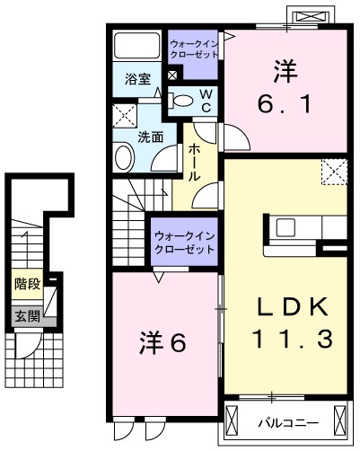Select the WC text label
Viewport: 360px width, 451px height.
(206, 100)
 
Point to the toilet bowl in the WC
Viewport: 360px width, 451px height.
(183, 100)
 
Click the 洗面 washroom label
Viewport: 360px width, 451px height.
(149, 137)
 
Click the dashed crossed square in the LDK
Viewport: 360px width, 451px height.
(335, 170)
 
